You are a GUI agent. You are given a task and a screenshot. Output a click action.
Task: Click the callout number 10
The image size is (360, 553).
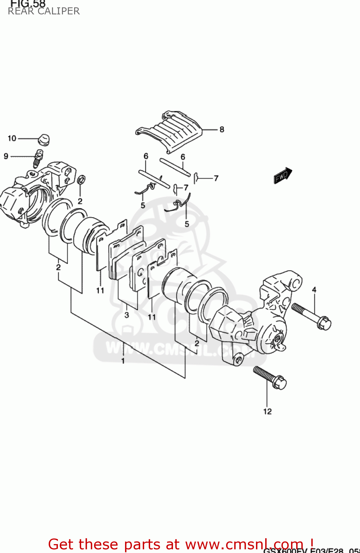pyautogui.click(x=12, y=138)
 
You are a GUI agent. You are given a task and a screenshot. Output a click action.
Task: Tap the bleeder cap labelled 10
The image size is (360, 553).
pyautogui.click(x=44, y=140)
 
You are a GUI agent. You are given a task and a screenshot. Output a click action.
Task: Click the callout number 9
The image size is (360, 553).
pyautogui.click(x=6, y=156)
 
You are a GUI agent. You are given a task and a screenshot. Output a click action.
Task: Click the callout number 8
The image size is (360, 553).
pyautogui.click(x=222, y=129)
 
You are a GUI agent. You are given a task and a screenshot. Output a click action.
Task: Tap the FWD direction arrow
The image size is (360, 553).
pyautogui.click(x=283, y=175)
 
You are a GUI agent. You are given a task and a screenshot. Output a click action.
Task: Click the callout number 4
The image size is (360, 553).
pyautogui.click(x=314, y=290)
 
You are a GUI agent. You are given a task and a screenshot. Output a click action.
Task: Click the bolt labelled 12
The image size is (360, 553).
pyautogui.click(x=270, y=377)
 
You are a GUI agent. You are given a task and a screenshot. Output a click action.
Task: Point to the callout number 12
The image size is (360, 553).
pyautogui.click(x=267, y=411)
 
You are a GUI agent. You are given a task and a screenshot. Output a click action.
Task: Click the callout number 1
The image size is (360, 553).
pyautogui.click(x=123, y=361)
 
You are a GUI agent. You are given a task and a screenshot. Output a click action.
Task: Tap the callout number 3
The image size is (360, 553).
pyautogui.click(x=127, y=315)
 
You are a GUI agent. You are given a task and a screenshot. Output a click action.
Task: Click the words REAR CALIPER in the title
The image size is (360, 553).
pyautogui.click(x=44, y=11)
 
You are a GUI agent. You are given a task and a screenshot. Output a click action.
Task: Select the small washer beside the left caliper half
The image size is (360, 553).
pyautogui.click(x=81, y=180)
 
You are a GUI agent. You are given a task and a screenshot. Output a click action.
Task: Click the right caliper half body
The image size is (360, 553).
pyautogui.click(x=255, y=321)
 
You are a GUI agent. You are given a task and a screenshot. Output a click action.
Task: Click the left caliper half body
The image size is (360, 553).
pyautogui.click(x=33, y=192)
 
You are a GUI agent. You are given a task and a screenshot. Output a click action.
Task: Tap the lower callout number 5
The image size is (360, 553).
pyautogui.click(x=187, y=224)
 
